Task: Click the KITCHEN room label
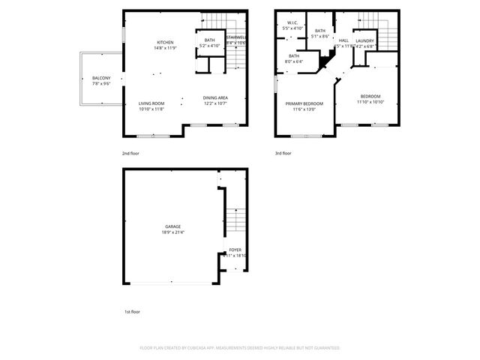tap(165, 42)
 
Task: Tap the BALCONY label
tap(101, 79)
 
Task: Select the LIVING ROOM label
tap(151, 103)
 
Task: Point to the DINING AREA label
tap(215, 98)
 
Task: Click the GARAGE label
tap(172, 226)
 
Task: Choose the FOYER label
tap(235, 250)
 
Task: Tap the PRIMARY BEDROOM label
tap(304, 103)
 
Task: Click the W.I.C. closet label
tap(293, 22)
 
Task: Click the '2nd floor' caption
tap(130, 153)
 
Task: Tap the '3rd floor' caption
tap(283, 153)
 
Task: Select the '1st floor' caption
tap(131, 311)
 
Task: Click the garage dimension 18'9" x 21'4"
tap(172, 232)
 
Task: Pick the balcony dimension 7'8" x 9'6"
tap(101, 85)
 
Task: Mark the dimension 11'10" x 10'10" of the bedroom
tap(370, 102)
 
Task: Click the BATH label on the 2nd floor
tap(209, 40)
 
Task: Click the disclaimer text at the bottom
tap(240, 348)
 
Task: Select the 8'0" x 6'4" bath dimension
tap(293, 61)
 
